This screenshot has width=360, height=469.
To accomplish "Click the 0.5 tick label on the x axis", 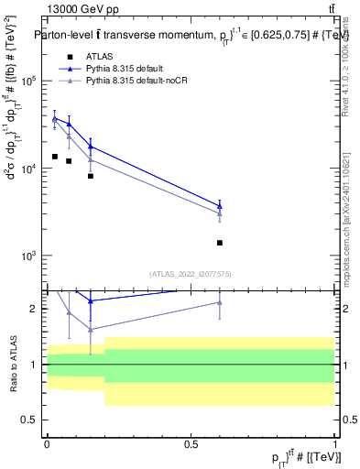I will (191, 443).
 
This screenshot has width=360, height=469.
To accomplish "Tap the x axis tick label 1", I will (335, 443).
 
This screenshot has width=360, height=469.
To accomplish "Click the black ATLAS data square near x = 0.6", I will (220, 243).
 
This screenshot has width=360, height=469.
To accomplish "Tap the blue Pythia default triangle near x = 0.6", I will (220, 206).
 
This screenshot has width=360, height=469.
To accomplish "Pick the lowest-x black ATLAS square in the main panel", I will (54, 157).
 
